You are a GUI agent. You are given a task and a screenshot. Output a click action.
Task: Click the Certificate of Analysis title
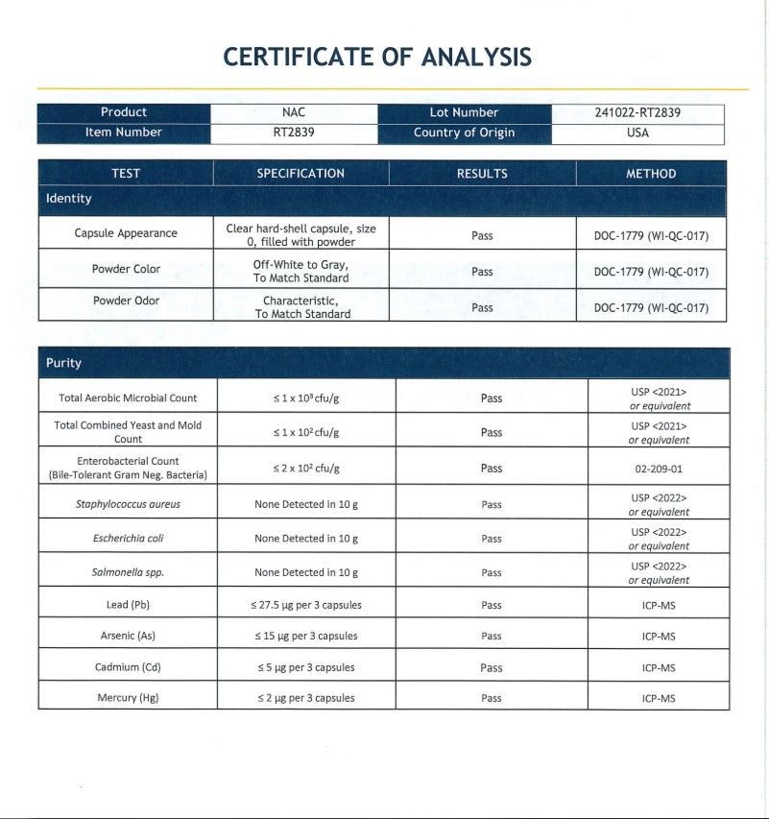pyautogui.click(x=377, y=57)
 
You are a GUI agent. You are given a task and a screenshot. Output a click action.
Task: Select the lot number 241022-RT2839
pyautogui.click(x=637, y=112)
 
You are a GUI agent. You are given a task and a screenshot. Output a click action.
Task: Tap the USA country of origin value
pyautogui.click(x=637, y=132)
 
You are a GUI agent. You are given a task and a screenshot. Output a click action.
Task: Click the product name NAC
pyautogui.click(x=294, y=112)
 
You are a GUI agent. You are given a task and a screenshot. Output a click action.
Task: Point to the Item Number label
pyautogui.click(x=124, y=132)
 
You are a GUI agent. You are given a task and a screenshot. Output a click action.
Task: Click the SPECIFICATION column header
pyautogui.click(x=300, y=174)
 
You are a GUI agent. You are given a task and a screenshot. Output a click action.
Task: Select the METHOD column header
pyautogui.click(x=651, y=174)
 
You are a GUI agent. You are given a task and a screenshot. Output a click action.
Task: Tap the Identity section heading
pyautogui.click(x=69, y=199)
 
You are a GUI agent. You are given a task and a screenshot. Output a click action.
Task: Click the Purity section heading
pyautogui.click(x=64, y=363)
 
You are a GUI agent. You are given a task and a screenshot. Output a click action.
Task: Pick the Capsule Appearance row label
pyautogui.click(x=126, y=233)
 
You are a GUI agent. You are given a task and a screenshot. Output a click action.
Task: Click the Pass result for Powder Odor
pyautogui.click(x=482, y=307)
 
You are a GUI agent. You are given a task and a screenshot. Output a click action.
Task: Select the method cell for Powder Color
pyautogui.click(x=651, y=272)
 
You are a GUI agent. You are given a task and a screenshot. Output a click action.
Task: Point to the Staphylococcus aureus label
pyautogui.click(x=128, y=504)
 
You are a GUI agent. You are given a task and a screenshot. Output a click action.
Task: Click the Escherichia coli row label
pyautogui.click(x=128, y=539)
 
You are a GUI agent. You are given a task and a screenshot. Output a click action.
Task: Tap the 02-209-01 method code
pyautogui.click(x=659, y=470)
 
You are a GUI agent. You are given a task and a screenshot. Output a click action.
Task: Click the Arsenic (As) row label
pyautogui.click(x=128, y=636)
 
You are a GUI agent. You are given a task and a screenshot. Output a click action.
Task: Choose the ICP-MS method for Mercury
pyautogui.click(x=659, y=698)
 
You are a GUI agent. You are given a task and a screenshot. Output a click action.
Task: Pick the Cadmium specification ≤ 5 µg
pyautogui.click(x=306, y=667)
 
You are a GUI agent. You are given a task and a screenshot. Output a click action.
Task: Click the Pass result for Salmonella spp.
pyautogui.click(x=492, y=572)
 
